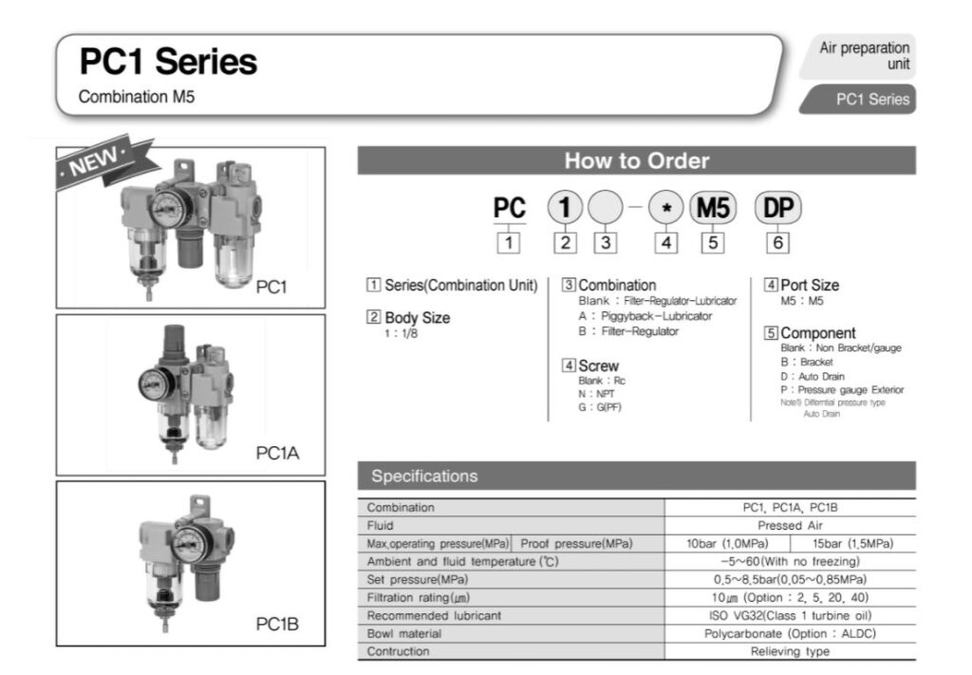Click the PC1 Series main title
coord(168,63)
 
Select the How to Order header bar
coord(636,160)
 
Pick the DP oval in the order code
coord(777,208)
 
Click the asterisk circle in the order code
coord(667,208)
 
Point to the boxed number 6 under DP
coord(777,242)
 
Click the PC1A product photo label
coord(277,453)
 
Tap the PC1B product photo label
coord(277,624)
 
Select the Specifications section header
coord(424,476)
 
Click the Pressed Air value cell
coord(790,525)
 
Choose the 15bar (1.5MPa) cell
coord(852,544)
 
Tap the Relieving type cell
coord(790,651)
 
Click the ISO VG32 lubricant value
coord(790,615)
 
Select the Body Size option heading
coord(407,318)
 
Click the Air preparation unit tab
coord(864,55)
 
